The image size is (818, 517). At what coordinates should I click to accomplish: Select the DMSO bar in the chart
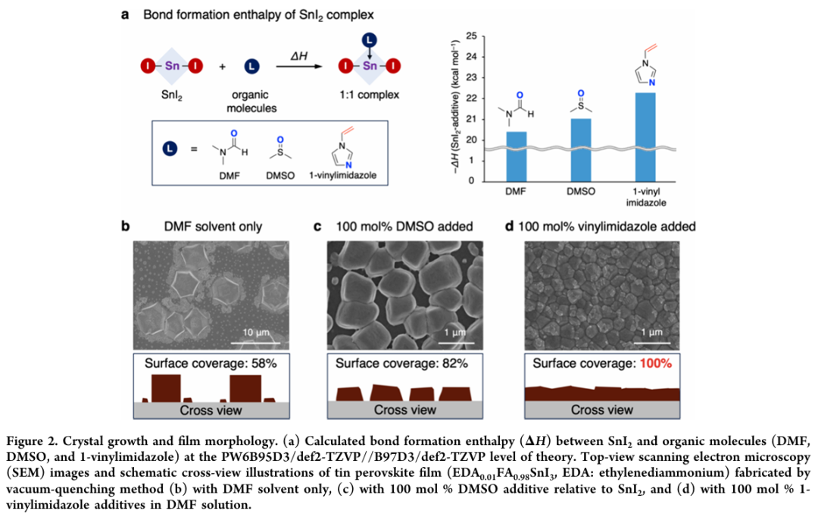coord(581,149)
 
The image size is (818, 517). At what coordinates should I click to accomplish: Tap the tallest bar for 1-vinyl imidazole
coord(645,136)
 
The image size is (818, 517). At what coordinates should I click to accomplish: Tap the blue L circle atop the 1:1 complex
coord(368,39)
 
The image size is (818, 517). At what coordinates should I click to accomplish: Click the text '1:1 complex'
coord(369,95)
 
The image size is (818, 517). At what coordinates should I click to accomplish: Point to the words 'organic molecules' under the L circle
coord(251,102)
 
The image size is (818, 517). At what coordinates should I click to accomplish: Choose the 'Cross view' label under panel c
coord(406,410)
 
